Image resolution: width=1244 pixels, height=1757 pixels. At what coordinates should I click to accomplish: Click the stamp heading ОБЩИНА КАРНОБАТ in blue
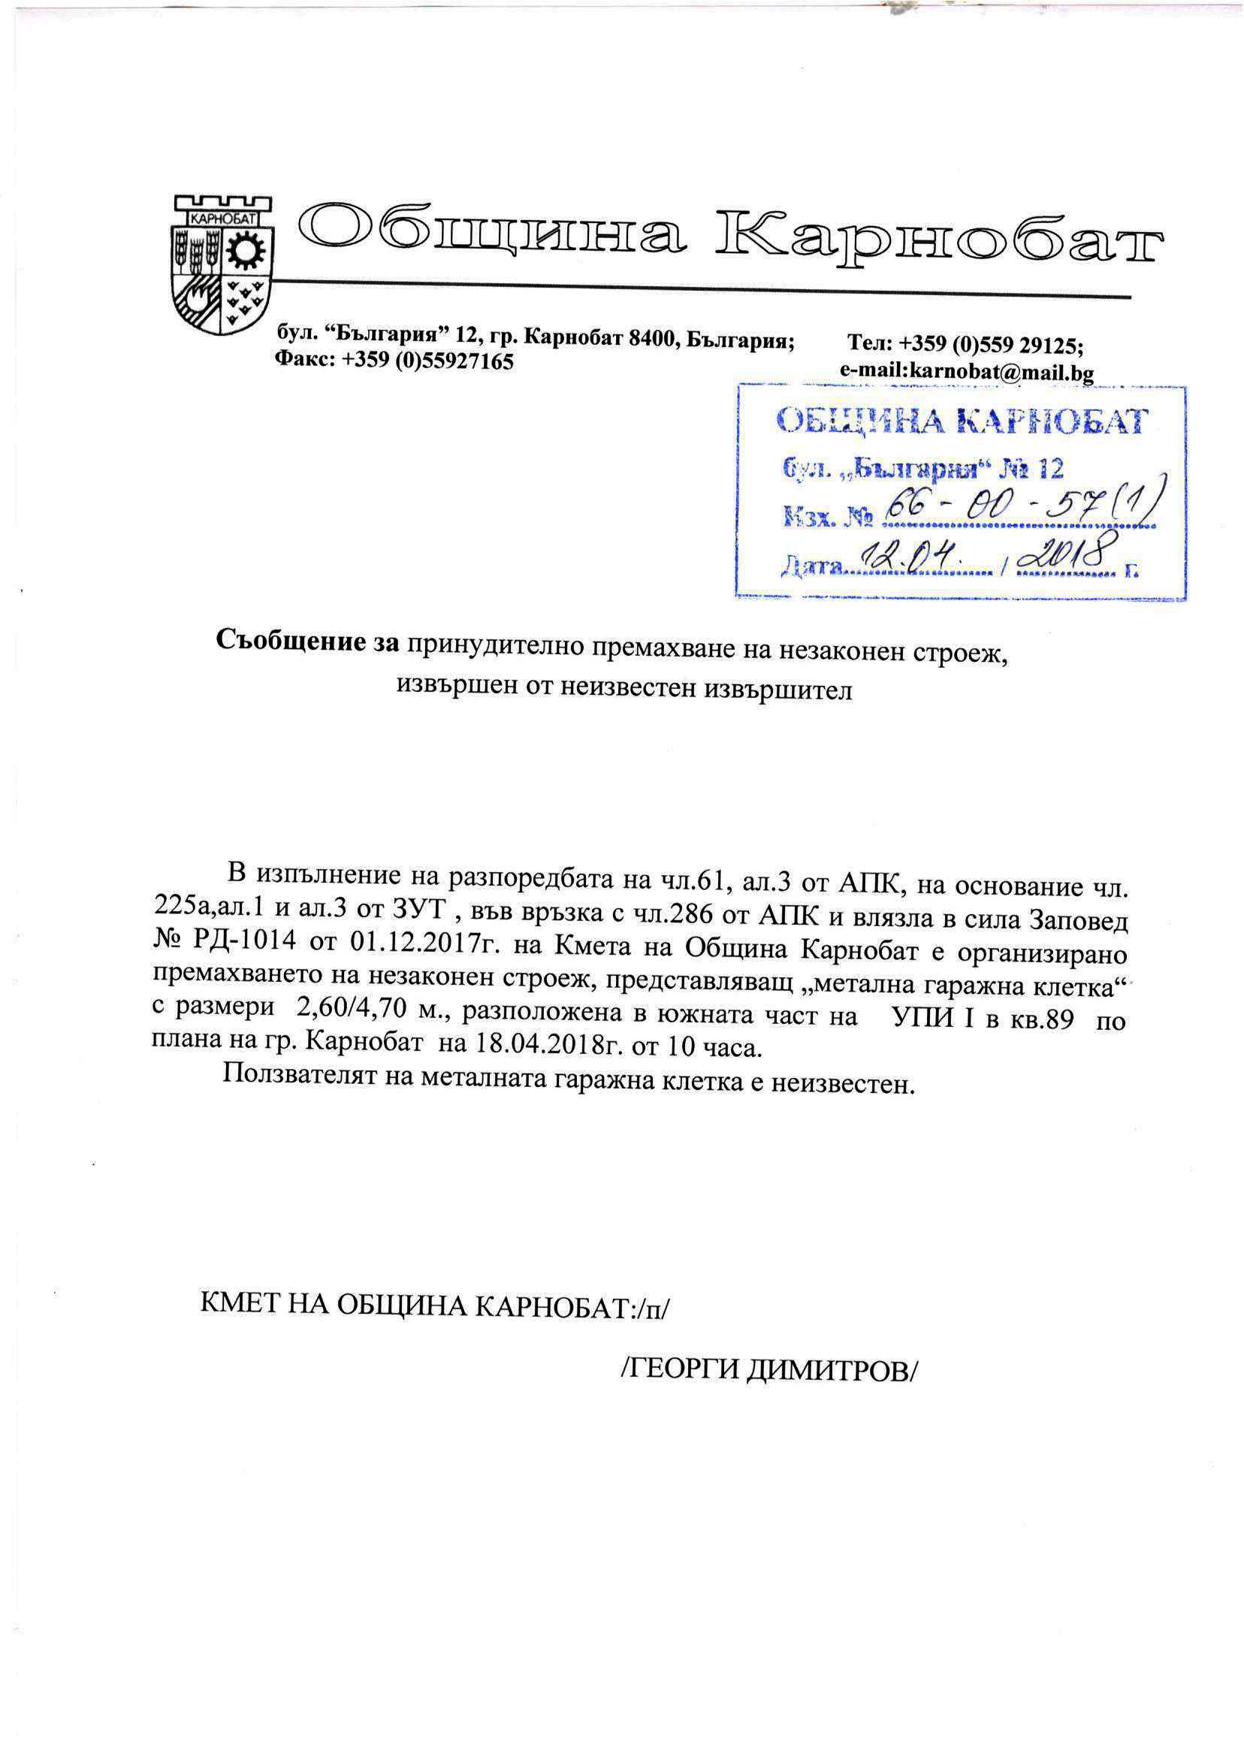tap(962, 421)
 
